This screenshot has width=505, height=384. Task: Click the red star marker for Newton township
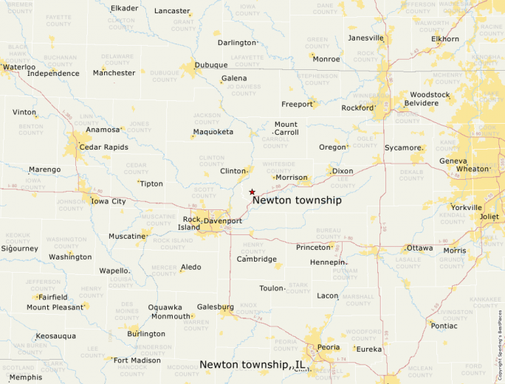[252, 191]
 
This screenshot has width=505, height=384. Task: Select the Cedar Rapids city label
[103, 147]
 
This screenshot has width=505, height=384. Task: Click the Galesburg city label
[216, 307]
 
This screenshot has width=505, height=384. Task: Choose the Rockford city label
[357, 108]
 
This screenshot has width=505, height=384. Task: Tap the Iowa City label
[108, 200]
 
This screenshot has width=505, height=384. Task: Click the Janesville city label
[366, 38]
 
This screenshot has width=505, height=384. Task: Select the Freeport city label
[297, 104]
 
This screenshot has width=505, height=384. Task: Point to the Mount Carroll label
[286, 128]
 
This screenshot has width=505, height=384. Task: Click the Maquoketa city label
[213, 132]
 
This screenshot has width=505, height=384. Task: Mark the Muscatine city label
[127, 236]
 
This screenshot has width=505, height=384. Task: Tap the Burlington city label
[146, 334]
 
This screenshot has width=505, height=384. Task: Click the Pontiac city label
[444, 325]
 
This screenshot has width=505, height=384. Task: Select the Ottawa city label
[419, 248]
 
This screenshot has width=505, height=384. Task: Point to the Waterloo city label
[19, 67]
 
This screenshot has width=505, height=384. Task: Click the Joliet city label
[489, 217]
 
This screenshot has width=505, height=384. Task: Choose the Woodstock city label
[430, 94]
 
